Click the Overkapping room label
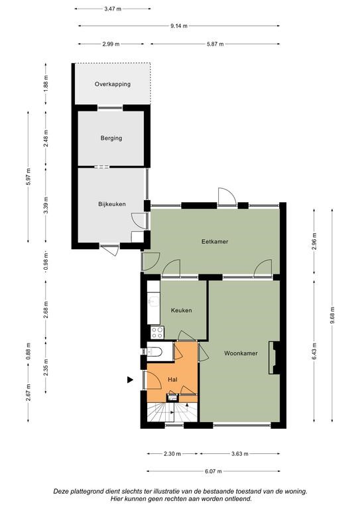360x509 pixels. click(x=113, y=84)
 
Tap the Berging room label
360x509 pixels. click(x=111, y=139)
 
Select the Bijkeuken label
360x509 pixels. click(x=112, y=204)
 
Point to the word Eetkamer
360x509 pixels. click(x=215, y=241)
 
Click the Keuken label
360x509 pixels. click(x=182, y=310)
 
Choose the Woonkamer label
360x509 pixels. click(x=241, y=353)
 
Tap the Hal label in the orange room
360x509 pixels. click(x=172, y=380)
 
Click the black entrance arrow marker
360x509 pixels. click(x=130, y=380)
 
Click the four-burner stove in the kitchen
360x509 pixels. click(x=157, y=333)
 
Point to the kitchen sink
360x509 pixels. click(x=153, y=302)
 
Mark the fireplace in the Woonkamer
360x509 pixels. click(x=274, y=357)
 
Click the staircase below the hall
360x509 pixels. click(x=172, y=412)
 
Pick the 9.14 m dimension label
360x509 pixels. click(x=179, y=26)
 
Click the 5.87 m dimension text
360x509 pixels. click(x=215, y=44)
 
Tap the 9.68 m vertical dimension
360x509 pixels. click(x=332, y=315)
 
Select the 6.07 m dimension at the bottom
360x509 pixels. click(x=213, y=471)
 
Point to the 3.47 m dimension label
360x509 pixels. click(x=113, y=9)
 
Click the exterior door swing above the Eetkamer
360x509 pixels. click(x=227, y=196)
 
